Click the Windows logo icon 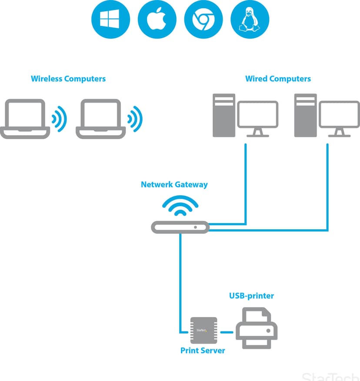pyautogui.click(x=110, y=19)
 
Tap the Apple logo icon pyautogui.click(x=157, y=19)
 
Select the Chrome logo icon pyautogui.click(x=203, y=19)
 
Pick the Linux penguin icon pyautogui.click(x=250, y=19)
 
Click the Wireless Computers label pyautogui.click(x=68, y=79)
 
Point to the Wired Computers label pyautogui.click(x=278, y=79)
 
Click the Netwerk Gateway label pyautogui.click(x=174, y=185)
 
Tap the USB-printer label pyautogui.click(x=251, y=296)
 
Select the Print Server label pyautogui.click(x=203, y=351)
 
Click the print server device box pyautogui.click(x=203, y=330)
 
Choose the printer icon pyautogui.click(x=257, y=328)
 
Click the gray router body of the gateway pyautogui.click(x=180, y=227)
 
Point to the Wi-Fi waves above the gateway pyautogui.click(x=180, y=205)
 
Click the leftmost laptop pyautogui.click(x=25, y=119)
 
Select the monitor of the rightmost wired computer pyautogui.click(x=339, y=119)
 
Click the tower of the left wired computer pyautogui.click(x=224, y=115)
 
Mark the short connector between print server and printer pyautogui.click(x=227, y=332)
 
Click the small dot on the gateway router pyautogui.click(x=195, y=227)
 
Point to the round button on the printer pyautogui.click(x=268, y=331)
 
